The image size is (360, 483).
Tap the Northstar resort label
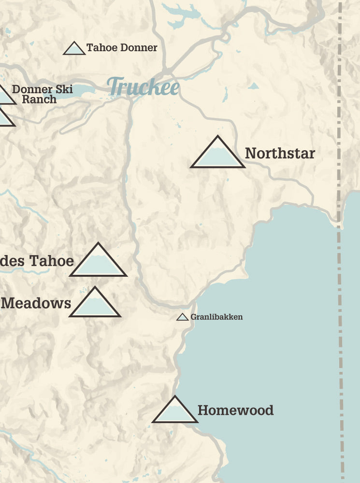tap(280, 154)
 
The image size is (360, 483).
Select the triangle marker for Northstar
tap(217, 154)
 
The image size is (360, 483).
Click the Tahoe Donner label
tap(122, 48)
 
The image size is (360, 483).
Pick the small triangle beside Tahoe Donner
tap(74, 49)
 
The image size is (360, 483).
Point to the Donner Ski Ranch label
tap(42, 94)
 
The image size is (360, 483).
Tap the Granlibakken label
tap(216, 317)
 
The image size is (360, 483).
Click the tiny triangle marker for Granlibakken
tap(182, 317)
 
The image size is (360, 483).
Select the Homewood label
tap(235, 411)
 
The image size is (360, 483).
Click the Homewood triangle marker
tap(175, 411)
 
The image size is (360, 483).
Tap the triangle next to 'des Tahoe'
tap(98, 262)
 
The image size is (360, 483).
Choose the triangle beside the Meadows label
tap(95, 304)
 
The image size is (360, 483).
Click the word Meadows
tap(36, 303)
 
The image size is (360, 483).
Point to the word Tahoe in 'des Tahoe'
tap(52, 261)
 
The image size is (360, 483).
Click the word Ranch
tap(39, 99)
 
